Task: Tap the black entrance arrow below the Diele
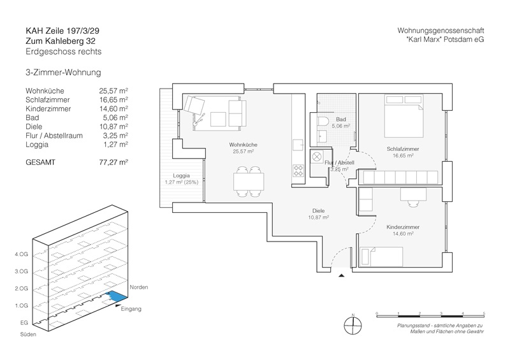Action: pyautogui.click(x=342, y=275)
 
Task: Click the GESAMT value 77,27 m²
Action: pyautogui.click(x=115, y=162)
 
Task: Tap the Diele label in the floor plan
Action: pyautogui.click(x=317, y=210)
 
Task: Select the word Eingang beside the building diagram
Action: pyautogui.click(x=131, y=309)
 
